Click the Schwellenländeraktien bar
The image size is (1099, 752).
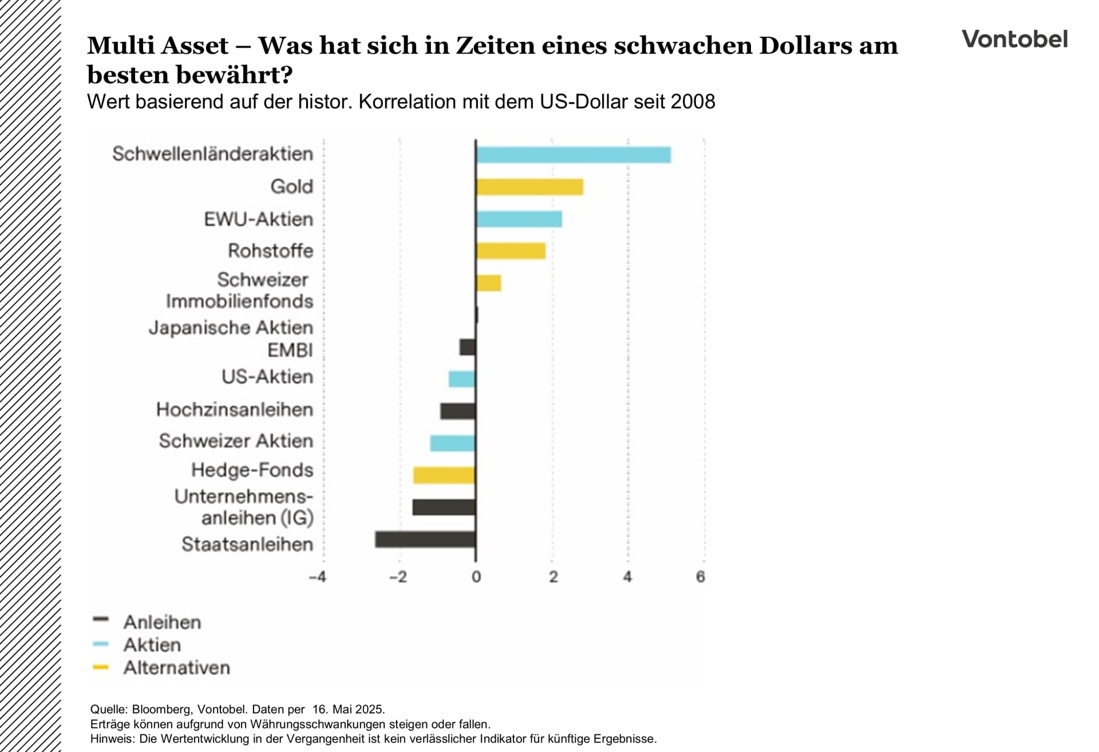point(573,155)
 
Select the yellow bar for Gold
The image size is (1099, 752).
point(529,187)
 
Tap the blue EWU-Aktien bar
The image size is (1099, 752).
point(519,219)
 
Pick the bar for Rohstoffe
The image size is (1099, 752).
point(511,251)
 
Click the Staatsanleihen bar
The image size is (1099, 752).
point(425,540)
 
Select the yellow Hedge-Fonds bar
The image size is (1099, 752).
point(444,475)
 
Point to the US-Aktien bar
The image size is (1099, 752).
point(462,379)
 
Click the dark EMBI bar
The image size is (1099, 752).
point(468,347)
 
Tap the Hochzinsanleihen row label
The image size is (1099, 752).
point(235,410)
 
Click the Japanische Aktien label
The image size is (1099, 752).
point(231,328)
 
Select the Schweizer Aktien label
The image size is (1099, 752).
point(236,441)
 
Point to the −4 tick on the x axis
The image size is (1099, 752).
point(317,577)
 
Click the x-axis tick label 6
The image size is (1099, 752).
point(701,577)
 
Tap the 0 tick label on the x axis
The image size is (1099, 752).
point(476,577)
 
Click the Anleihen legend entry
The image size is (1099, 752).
point(162,622)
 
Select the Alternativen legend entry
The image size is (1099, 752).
point(176,667)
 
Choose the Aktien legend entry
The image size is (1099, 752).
point(152,645)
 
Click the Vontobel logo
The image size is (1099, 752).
point(1014,39)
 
